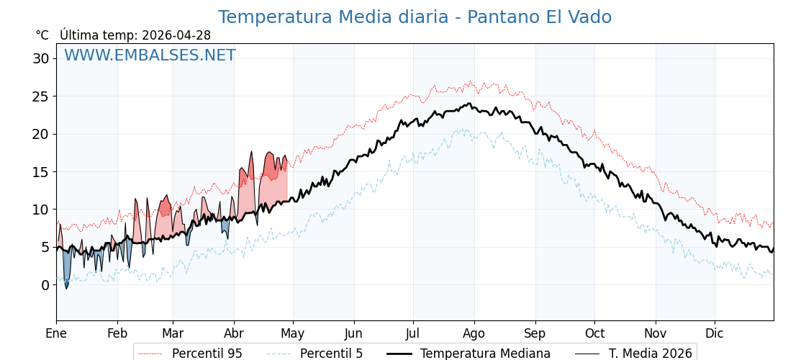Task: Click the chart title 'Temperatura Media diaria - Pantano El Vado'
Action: pos(415,17)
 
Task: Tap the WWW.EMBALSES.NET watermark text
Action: pos(150,55)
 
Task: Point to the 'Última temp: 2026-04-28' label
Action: pos(135,35)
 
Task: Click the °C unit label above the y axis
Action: pos(42,35)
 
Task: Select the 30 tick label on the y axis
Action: pos(40,58)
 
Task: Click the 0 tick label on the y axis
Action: pos(45,285)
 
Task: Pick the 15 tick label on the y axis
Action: pos(40,172)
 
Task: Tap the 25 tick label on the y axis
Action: pos(40,96)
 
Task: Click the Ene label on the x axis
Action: pos(56,333)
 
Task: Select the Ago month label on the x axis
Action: pos(474,333)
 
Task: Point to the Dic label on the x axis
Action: pos(715,333)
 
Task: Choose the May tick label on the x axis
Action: pos(293,333)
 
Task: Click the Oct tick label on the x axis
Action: pos(594,333)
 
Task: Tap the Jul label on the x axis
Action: pos(413,333)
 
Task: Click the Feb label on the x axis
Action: pos(117,333)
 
